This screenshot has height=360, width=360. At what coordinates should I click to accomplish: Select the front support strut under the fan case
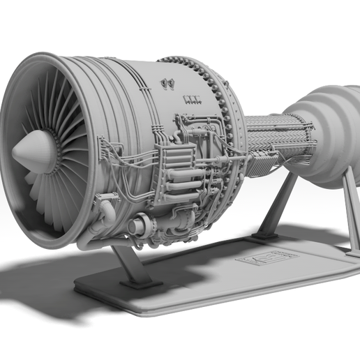pos(126,263)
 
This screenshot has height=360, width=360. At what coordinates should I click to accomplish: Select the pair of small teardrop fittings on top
pos(167,84)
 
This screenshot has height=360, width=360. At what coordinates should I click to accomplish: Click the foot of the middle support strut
pos(264,237)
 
